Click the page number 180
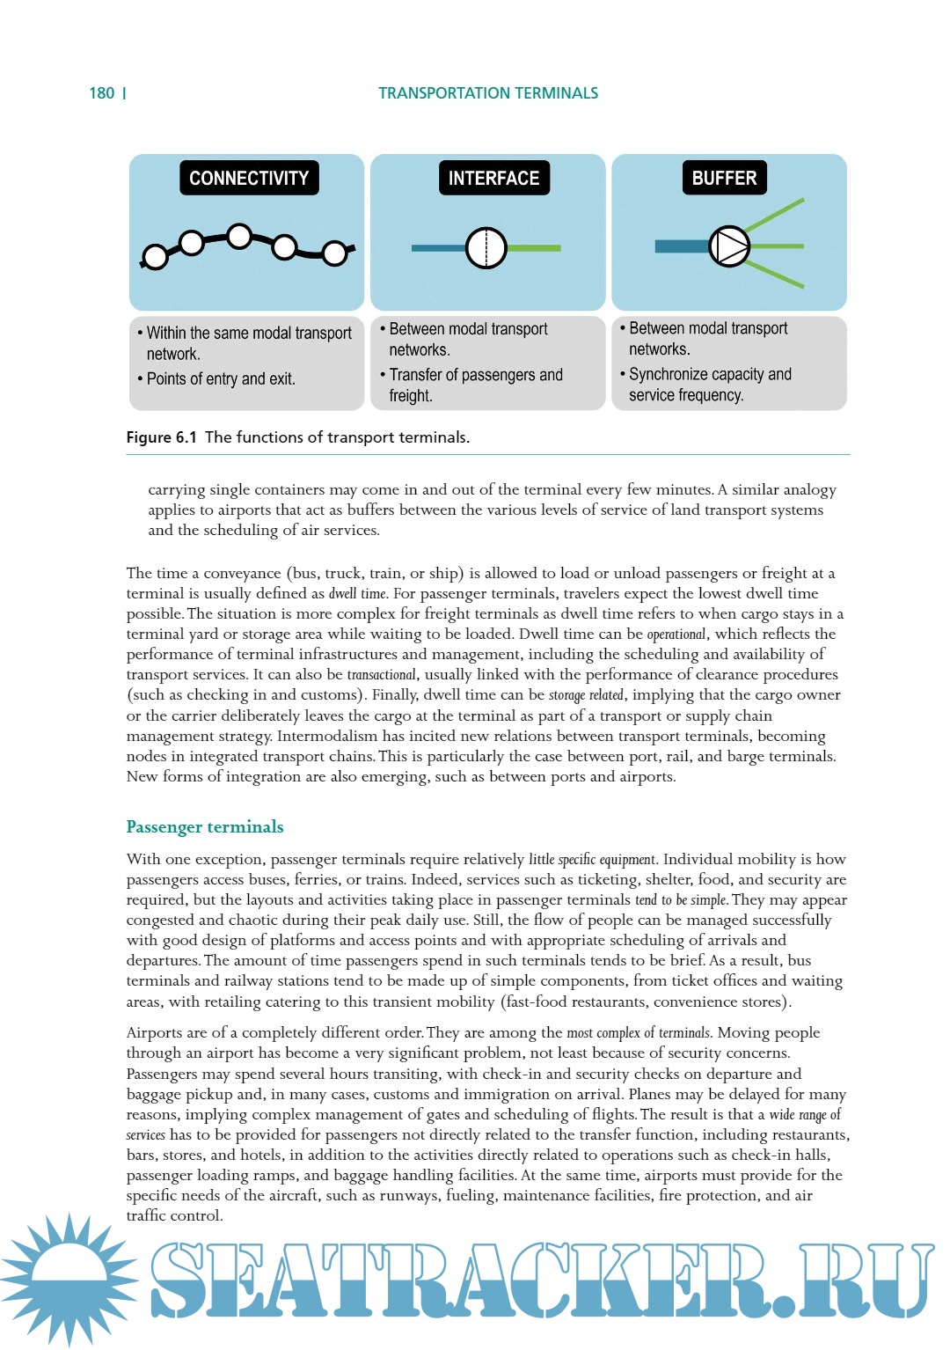point(102,93)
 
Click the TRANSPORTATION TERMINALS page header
point(488,93)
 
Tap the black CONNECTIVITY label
point(249,178)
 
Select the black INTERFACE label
point(493,178)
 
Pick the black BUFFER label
point(724,178)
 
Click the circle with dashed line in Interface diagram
point(486,248)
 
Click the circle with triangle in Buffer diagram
point(729,247)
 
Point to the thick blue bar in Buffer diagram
point(681,246)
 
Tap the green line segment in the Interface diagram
point(534,248)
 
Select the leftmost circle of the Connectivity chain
point(155,257)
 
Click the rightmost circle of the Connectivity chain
point(334,253)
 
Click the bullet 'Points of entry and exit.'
point(220,379)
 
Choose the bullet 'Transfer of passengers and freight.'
point(475,385)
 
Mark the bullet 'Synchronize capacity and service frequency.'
point(709,385)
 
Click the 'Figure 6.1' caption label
point(162,437)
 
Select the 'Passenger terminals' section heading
point(205,826)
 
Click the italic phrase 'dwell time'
point(357,594)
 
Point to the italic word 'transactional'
point(381,675)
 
